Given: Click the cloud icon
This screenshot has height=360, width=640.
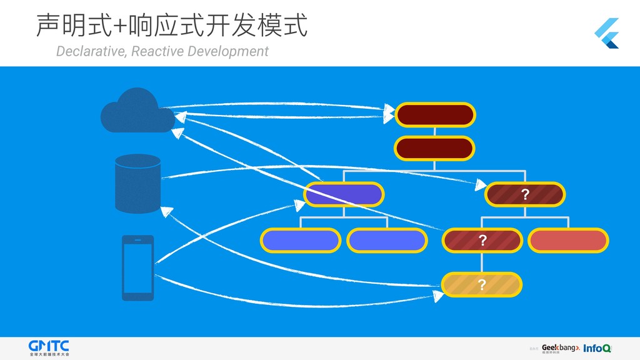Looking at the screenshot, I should coord(137,111).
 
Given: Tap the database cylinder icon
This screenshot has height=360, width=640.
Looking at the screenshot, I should coord(138,182).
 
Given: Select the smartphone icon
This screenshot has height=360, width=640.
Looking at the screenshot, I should coord(137,267).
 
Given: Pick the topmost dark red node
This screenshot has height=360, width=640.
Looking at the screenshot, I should coord(435,114).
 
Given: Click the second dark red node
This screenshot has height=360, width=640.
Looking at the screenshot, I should coord(435,149).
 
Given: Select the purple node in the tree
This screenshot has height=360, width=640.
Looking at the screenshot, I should coord(344,194).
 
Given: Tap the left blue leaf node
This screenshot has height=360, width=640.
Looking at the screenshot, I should coord(300,240).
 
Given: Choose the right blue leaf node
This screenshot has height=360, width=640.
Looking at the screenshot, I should coord(387,240).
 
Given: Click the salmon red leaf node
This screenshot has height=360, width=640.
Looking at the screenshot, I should coord(568,240).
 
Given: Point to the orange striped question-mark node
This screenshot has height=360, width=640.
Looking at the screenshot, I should coord(482,285).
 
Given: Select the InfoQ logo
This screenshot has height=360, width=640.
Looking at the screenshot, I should coord(597,348).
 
